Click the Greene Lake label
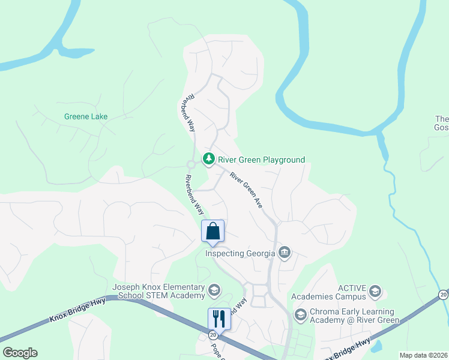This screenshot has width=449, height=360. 86,116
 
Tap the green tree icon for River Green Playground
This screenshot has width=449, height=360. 208,159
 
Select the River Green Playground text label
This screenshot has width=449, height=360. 261,160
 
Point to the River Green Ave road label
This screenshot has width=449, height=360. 246,190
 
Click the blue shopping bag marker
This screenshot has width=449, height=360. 212,231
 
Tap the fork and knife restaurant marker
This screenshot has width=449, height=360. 219,318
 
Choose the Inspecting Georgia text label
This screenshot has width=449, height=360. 240,253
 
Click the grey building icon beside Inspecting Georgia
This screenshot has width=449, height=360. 285,253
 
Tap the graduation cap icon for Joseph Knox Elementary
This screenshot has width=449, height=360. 214,291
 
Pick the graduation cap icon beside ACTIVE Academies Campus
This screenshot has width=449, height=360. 375,292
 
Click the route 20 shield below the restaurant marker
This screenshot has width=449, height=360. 213,336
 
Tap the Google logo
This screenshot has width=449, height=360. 20,353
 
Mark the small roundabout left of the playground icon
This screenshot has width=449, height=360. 191,164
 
